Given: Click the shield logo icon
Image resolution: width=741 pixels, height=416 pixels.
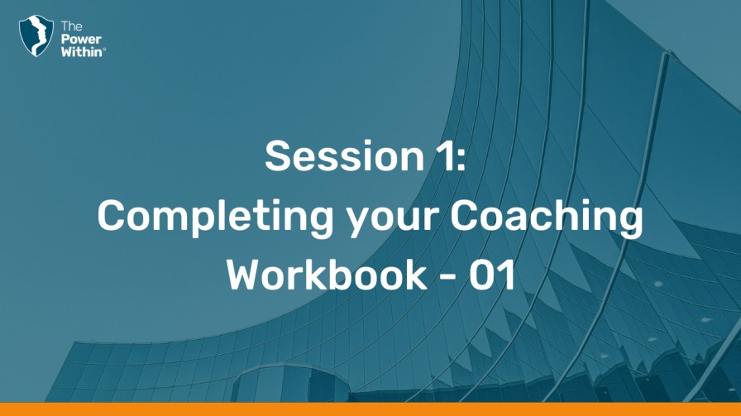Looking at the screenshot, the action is (x=36, y=36).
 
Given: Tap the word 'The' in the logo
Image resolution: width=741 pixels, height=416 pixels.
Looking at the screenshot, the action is (x=71, y=26).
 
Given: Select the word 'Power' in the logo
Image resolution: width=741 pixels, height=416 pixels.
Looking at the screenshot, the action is (x=81, y=39).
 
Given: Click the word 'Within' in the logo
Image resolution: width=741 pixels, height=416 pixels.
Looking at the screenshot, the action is (x=81, y=51).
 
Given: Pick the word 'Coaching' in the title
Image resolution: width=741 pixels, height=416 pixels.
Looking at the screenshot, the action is (x=547, y=218).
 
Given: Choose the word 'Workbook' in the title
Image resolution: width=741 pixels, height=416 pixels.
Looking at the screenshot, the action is (x=327, y=275).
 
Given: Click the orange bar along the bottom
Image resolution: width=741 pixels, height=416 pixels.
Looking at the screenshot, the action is (x=370, y=409).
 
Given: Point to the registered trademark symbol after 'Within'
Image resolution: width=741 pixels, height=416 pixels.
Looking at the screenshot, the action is (x=104, y=48).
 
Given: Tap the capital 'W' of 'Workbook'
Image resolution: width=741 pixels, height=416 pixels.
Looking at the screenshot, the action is (x=249, y=275).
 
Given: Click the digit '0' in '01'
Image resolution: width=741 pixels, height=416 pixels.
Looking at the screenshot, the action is (x=482, y=275).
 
